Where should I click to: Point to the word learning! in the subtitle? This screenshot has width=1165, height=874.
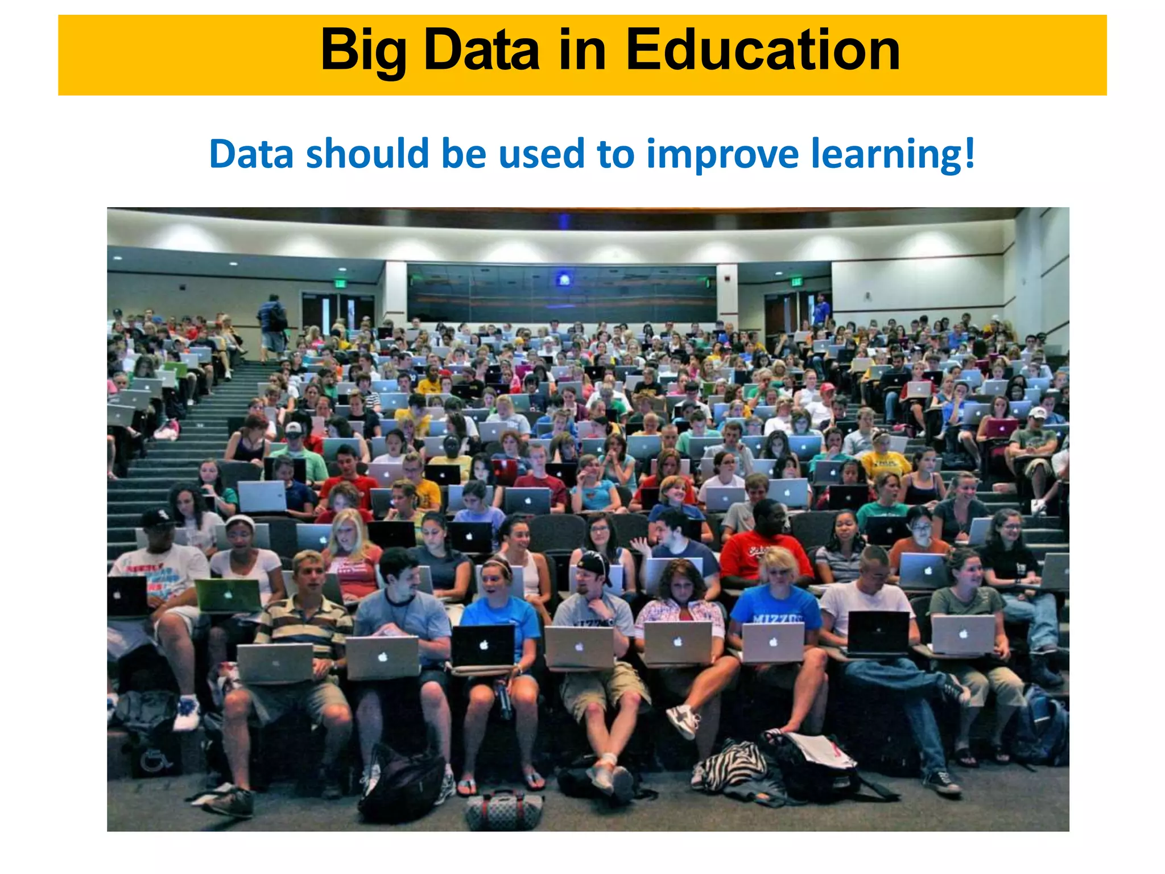click(x=893, y=155)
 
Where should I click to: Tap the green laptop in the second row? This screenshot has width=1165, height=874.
click(x=228, y=595)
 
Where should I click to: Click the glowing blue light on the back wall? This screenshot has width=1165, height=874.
click(x=564, y=279)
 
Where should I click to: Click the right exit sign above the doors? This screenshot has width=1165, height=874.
click(x=796, y=282)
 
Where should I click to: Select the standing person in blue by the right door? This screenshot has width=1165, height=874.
click(x=820, y=311)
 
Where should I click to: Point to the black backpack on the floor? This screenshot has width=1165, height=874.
click(x=401, y=782)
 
